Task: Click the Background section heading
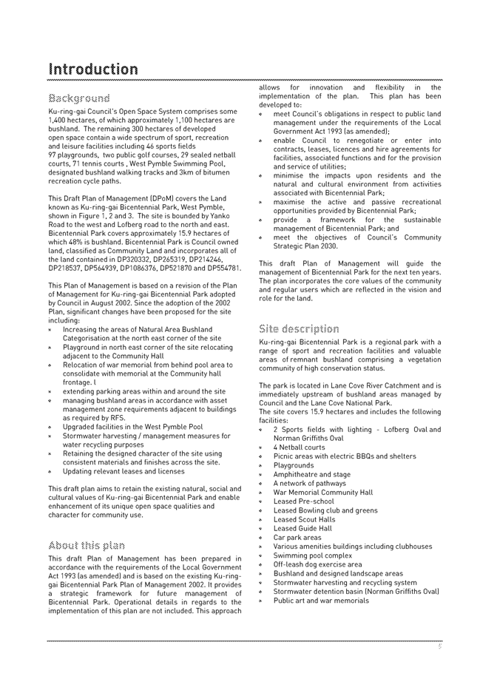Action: tap(79, 98)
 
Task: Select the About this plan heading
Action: tap(86, 546)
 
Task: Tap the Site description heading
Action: tap(300, 328)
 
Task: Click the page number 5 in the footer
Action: tap(439, 646)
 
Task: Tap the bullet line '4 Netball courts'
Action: tap(299, 447)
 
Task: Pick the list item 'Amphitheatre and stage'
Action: tap(311, 475)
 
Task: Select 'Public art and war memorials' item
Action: tap(320, 601)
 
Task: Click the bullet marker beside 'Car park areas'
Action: tap(262, 538)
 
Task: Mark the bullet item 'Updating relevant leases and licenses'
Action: tap(124, 471)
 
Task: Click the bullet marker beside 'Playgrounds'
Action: tap(262, 466)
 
